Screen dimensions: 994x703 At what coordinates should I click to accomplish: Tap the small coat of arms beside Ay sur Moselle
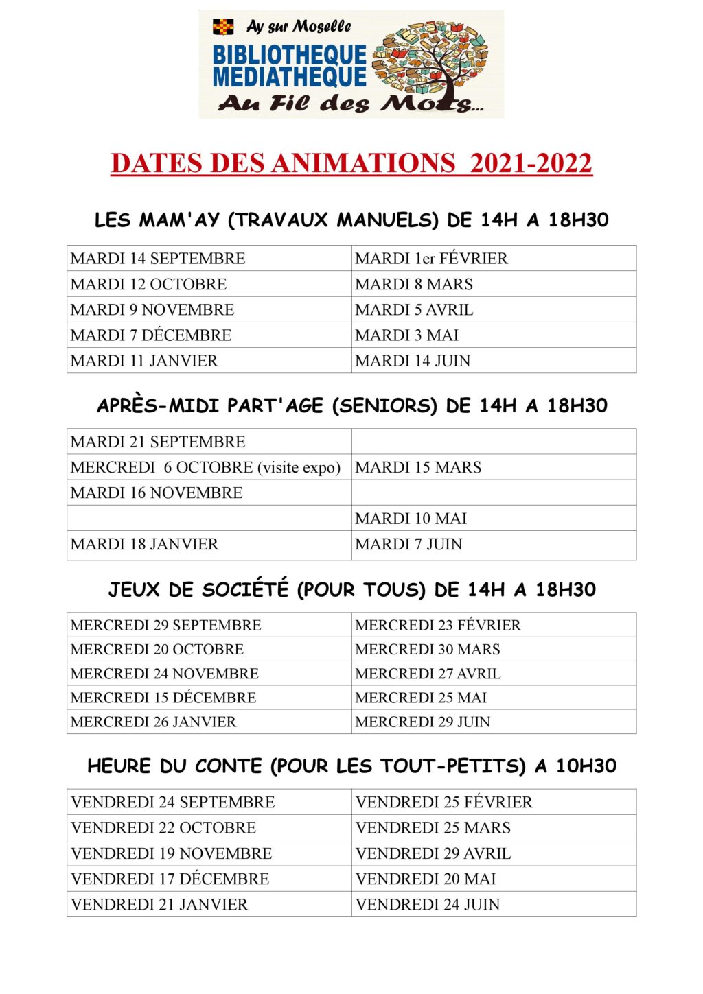click(223, 27)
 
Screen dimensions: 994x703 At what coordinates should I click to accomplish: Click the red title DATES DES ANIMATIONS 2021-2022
click(351, 163)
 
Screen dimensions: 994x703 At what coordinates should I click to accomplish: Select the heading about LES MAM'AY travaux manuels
click(351, 220)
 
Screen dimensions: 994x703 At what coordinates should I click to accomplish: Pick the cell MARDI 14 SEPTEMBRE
click(158, 259)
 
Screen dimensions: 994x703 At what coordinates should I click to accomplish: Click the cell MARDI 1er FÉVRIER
click(431, 259)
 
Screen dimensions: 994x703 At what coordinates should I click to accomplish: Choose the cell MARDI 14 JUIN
click(413, 361)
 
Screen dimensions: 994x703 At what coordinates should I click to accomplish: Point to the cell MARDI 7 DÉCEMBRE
click(151, 335)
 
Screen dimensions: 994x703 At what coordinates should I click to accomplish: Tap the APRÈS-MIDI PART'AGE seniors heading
click(351, 405)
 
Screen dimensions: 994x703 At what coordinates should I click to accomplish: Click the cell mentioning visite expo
click(205, 468)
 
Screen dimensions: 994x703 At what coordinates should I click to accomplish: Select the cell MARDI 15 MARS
click(418, 468)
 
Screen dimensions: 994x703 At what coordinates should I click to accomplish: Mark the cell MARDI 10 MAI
click(411, 519)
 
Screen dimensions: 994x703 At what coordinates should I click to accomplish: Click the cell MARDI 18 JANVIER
click(144, 545)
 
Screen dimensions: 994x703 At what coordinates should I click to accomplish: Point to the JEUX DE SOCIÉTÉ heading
click(351, 590)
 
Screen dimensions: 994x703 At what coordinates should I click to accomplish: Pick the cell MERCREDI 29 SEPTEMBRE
click(165, 626)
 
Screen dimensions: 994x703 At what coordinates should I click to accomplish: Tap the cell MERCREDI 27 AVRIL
click(428, 674)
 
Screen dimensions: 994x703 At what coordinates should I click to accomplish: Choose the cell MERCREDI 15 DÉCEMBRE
click(163, 698)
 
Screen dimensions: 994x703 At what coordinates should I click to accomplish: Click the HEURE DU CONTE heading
click(351, 766)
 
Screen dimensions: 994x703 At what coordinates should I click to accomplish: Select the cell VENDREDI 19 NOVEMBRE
click(171, 854)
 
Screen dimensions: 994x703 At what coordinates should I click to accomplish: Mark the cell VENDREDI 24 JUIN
click(428, 905)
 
